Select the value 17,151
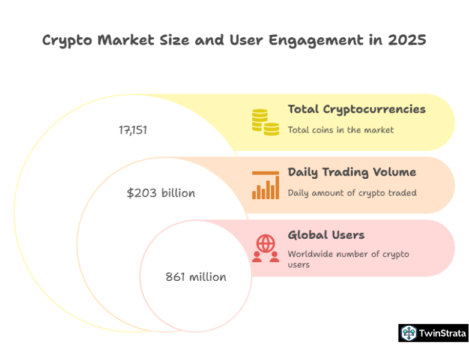(x=133, y=130)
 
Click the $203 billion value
(x=161, y=193)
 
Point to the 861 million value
(x=196, y=277)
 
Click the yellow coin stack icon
(x=265, y=122)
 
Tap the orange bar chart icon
(x=265, y=185)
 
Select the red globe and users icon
(x=265, y=248)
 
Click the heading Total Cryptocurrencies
(x=357, y=109)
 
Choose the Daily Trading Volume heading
(x=352, y=172)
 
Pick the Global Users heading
(x=326, y=235)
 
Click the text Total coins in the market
(x=340, y=130)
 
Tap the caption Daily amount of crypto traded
(x=352, y=193)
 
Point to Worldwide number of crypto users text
(x=348, y=259)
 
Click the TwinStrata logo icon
(x=409, y=333)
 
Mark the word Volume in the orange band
(x=393, y=172)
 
